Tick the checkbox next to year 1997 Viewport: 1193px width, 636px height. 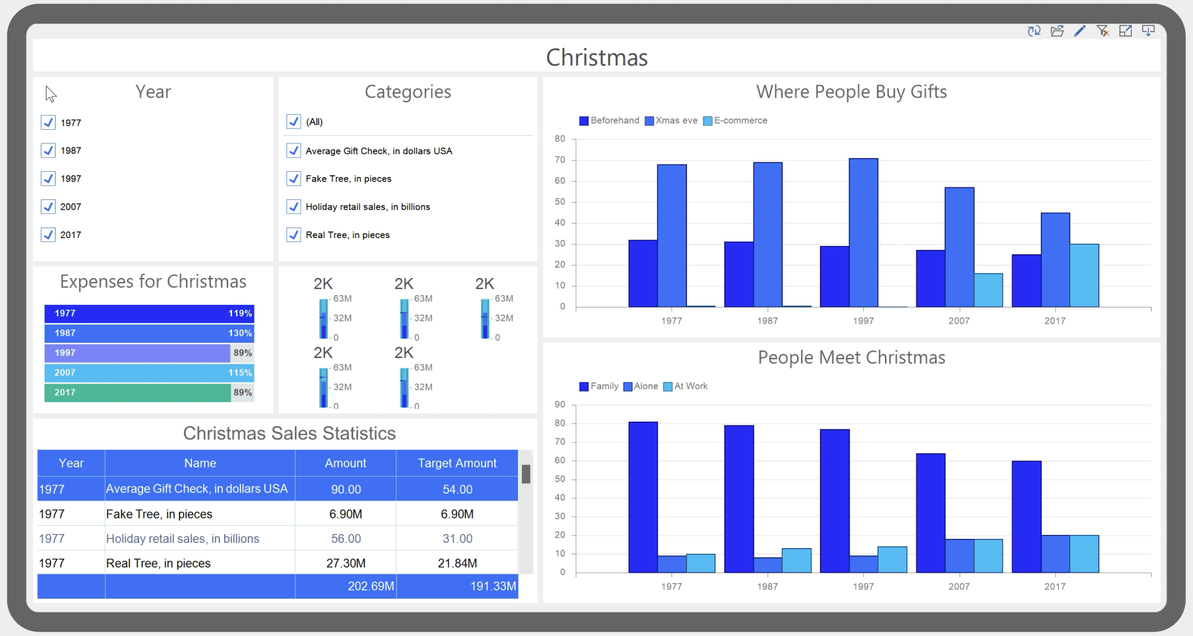tap(48, 178)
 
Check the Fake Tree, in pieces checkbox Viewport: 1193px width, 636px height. tap(294, 178)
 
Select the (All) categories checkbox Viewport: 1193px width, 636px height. tap(294, 122)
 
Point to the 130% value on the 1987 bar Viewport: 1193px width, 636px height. tap(240, 333)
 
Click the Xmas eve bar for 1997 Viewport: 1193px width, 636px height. tap(863, 233)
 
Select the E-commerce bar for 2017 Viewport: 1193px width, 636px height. tap(1084, 275)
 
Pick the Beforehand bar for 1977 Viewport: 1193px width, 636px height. tap(643, 273)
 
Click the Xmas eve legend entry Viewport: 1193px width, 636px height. tap(671, 121)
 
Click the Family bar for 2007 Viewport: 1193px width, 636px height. tap(930, 513)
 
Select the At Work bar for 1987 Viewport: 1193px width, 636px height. tap(796, 561)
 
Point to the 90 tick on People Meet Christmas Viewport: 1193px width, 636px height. tap(560, 405)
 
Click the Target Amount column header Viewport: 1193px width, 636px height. tap(457, 463)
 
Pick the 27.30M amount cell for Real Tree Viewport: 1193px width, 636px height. tap(345, 563)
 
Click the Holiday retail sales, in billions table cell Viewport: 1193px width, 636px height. tap(183, 538)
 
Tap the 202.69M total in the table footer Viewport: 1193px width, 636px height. tap(370, 586)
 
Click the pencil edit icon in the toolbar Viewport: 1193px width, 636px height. tap(1080, 31)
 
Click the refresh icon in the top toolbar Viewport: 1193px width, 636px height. tap(1034, 31)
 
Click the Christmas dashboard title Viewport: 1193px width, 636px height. tap(596, 58)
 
